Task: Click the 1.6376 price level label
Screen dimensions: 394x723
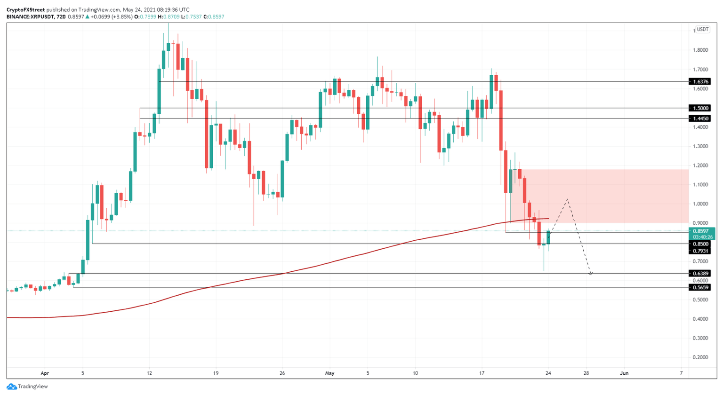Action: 701,81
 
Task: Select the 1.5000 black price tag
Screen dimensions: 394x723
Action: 701,108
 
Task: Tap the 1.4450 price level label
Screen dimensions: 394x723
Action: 701,118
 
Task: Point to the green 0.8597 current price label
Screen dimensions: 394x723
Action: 701,231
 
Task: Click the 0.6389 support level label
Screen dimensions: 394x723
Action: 701,273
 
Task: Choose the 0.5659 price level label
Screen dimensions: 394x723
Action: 701,287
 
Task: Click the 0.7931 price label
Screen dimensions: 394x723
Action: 701,251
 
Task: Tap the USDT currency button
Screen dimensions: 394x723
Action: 702,29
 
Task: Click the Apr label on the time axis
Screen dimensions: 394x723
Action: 45,373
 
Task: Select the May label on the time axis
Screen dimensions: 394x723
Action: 329,373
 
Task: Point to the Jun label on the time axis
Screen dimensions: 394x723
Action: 624,373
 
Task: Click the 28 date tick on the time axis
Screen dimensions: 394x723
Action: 586,373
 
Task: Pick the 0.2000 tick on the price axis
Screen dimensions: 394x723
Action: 701,357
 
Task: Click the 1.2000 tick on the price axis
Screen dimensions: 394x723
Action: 701,165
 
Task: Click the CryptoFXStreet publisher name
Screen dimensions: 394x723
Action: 26,9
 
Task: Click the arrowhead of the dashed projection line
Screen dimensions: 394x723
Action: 590,274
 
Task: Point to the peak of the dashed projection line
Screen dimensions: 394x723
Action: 568,199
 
